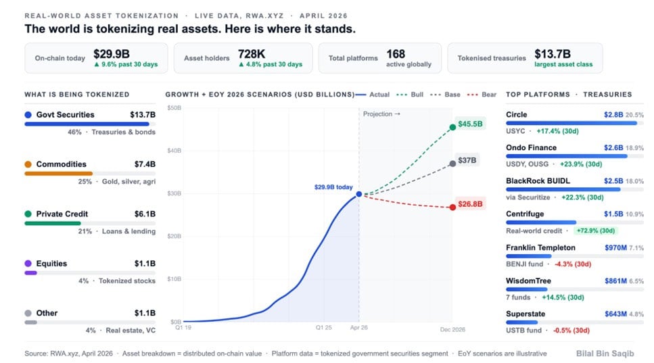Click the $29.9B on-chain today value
[x=112, y=53]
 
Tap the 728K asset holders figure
[x=252, y=53]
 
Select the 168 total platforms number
[x=396, y=53]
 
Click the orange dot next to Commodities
[x=28, y=164]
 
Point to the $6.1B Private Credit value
[x=143, y=214]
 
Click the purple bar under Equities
[x=30, y=272]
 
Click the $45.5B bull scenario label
[x=470, y=124]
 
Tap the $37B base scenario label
[x=467, y=161]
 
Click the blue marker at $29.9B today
[x=359, y=195]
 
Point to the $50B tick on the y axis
[x=173, y=108]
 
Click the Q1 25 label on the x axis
[x=325, y=327]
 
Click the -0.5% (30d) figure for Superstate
[x=571, y=330]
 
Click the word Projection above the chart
[x=377, y=114]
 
